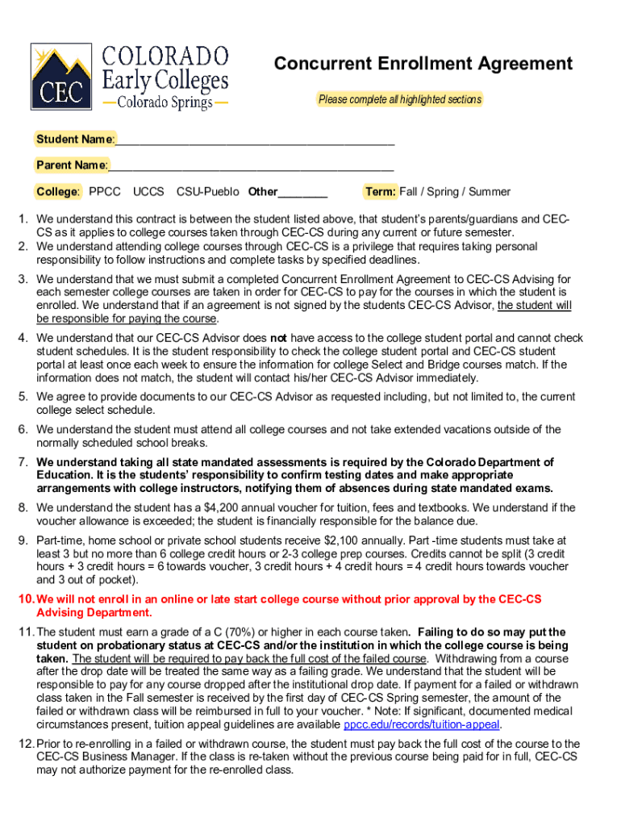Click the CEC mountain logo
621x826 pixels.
point(61,76)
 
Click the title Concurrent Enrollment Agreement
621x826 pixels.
point(423,64)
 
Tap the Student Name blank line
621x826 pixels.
point(255,140)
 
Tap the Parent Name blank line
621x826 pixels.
point(251,166)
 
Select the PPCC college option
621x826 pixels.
point(105,192)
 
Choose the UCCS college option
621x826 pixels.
point(148,192)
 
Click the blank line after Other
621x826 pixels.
point(303,194)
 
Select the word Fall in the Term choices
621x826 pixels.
point(411,192)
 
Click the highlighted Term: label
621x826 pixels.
point(380,192)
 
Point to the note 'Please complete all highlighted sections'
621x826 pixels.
point(399,100)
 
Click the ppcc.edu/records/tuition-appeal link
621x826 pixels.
point(422,724)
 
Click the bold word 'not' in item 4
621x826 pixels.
point(278,338)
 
